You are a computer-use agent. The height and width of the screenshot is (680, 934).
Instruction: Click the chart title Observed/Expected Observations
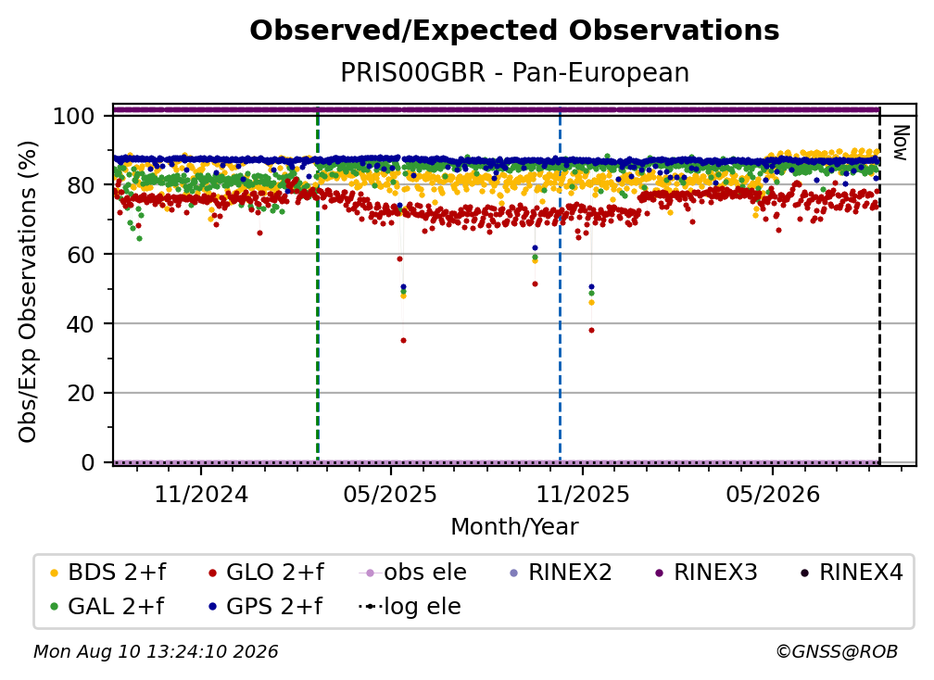pos(514,31)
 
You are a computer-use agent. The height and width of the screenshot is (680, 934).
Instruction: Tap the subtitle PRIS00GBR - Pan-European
pos(514,72)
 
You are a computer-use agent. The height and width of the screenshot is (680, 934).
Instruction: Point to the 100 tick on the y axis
pos(73,116)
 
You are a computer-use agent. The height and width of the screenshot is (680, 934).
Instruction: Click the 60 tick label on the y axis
pos(81,254)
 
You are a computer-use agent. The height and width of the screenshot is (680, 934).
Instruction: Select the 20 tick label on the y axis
pos(81,393)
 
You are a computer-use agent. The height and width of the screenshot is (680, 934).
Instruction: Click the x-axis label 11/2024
pos(201,494)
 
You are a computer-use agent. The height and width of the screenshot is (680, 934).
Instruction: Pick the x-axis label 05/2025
pos(390,494)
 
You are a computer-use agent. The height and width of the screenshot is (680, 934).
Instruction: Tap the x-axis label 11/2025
pos(583,494)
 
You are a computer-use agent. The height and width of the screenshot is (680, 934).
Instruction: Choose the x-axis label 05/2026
pos(773,494)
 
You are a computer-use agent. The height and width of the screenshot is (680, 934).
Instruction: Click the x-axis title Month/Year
pos(514,526)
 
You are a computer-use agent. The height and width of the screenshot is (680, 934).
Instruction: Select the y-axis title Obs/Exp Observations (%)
pos(28,292)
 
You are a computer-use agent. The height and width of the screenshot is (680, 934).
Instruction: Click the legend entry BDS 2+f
pos(107,573)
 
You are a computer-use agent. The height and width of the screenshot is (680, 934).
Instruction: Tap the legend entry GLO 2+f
pos(266,573)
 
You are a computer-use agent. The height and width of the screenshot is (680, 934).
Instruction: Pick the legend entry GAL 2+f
pos(107,606)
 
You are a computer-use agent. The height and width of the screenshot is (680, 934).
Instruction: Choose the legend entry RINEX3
pos(706,573)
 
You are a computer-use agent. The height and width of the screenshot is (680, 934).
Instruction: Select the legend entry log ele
pos(410,606)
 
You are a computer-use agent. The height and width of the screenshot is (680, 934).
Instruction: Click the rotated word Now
pos(901,143)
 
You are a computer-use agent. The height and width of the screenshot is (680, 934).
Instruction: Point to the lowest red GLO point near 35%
pos(403,341)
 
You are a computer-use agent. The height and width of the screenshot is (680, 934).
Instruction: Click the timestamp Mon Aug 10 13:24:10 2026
pos(156,651)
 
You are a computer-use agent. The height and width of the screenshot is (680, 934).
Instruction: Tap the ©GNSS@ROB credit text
pos(837,651)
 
